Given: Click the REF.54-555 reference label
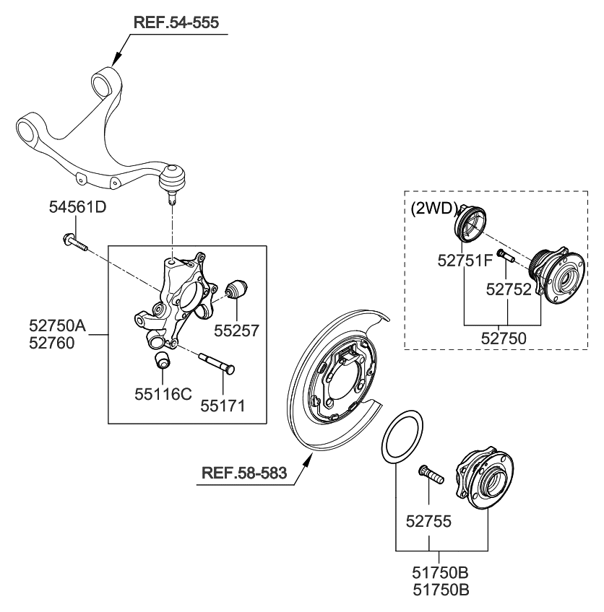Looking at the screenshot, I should click(176, 22).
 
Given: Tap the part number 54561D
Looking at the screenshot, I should click(77, 209).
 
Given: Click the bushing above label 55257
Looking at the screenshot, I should click(238, 290).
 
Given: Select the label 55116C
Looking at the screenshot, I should click(163, 393).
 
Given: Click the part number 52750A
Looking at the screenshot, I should click(57, 326).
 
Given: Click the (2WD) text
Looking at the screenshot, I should click(434, 209).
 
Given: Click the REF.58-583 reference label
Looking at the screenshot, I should click(243, 473).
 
